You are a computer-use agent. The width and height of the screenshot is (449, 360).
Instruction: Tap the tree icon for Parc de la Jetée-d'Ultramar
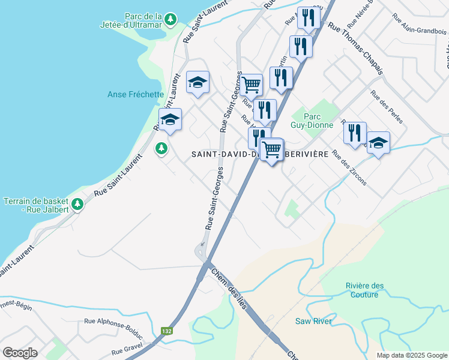pos(171,20)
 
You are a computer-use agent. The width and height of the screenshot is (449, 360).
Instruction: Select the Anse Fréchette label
pos(136,94)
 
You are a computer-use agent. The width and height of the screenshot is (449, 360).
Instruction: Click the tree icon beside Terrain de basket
pos(77,205)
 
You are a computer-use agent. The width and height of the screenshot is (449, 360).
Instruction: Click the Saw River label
pos(313,322)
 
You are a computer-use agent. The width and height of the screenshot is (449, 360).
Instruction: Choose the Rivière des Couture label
pos(363,290)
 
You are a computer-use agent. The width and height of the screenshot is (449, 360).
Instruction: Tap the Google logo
pos(20,353)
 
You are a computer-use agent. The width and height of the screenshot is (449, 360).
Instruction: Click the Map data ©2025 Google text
pos(412,355)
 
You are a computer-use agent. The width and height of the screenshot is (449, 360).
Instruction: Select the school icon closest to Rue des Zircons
pos(378,143)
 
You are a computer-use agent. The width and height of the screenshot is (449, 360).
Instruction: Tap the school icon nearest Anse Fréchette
pos(170,119)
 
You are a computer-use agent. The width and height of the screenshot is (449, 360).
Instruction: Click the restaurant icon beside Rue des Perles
pos(355,133)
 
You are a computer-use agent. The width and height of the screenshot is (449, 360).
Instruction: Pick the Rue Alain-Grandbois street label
pos(419,31)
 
